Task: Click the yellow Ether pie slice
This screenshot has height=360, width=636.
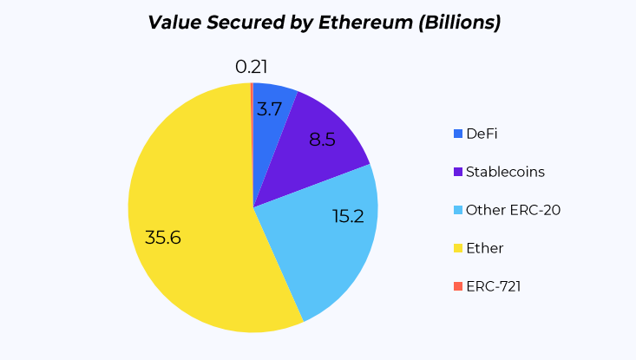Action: click(200, 260)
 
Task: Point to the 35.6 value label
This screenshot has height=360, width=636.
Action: click(163, 238)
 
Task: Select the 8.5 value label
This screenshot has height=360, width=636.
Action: click(322, 139)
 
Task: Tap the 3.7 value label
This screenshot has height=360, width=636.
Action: click(269, 110)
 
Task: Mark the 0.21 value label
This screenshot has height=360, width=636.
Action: click(251, 67)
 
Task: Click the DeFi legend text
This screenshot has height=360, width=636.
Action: click(482, 134)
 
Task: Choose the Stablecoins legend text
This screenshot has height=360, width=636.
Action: click(505, 172)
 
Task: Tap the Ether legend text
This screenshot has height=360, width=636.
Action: click(484, 248)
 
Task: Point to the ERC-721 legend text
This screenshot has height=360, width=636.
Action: click(493, 286)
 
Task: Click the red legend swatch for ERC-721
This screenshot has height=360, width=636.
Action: click(458, 286)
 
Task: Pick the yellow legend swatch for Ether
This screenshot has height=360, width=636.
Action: click(458, 248)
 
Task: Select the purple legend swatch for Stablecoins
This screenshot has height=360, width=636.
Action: click(458, 172)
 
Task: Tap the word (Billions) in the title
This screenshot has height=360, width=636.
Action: click(461, 23)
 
